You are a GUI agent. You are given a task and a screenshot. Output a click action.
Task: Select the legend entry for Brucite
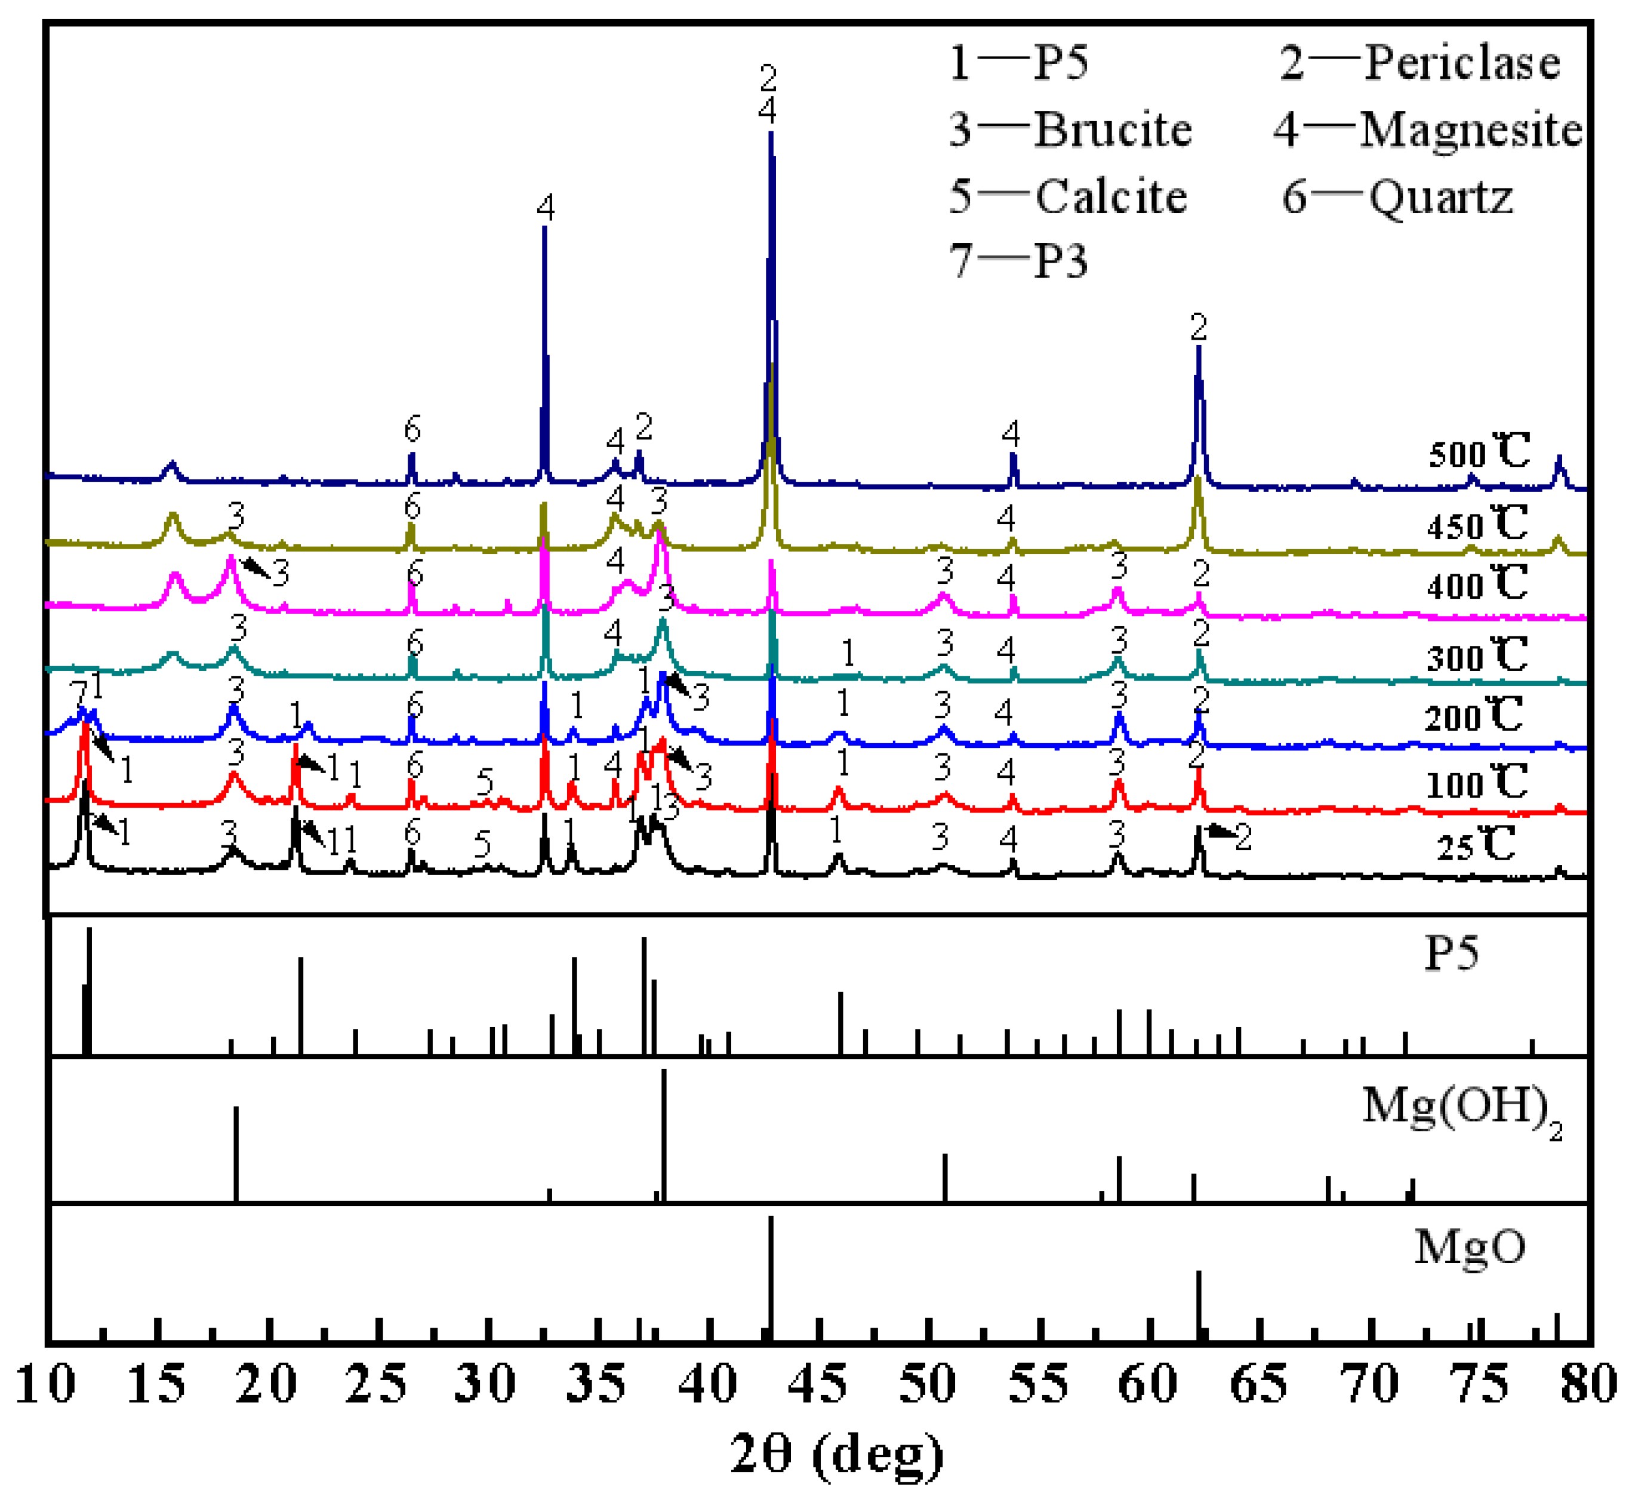(x=1070, y=130)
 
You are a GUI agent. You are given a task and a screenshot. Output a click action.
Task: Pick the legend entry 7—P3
(x=1018, y=261)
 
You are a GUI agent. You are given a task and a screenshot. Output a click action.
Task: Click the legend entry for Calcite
(x=1068, y=197)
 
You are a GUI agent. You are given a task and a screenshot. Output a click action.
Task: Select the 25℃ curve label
(x=1475, y=846)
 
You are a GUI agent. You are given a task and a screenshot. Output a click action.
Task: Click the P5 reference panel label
(x=1451, y=953)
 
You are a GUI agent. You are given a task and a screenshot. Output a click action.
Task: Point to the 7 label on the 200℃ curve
(x=77, y=693)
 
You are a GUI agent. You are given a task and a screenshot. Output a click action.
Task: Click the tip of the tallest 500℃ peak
(x=771, y=134)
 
